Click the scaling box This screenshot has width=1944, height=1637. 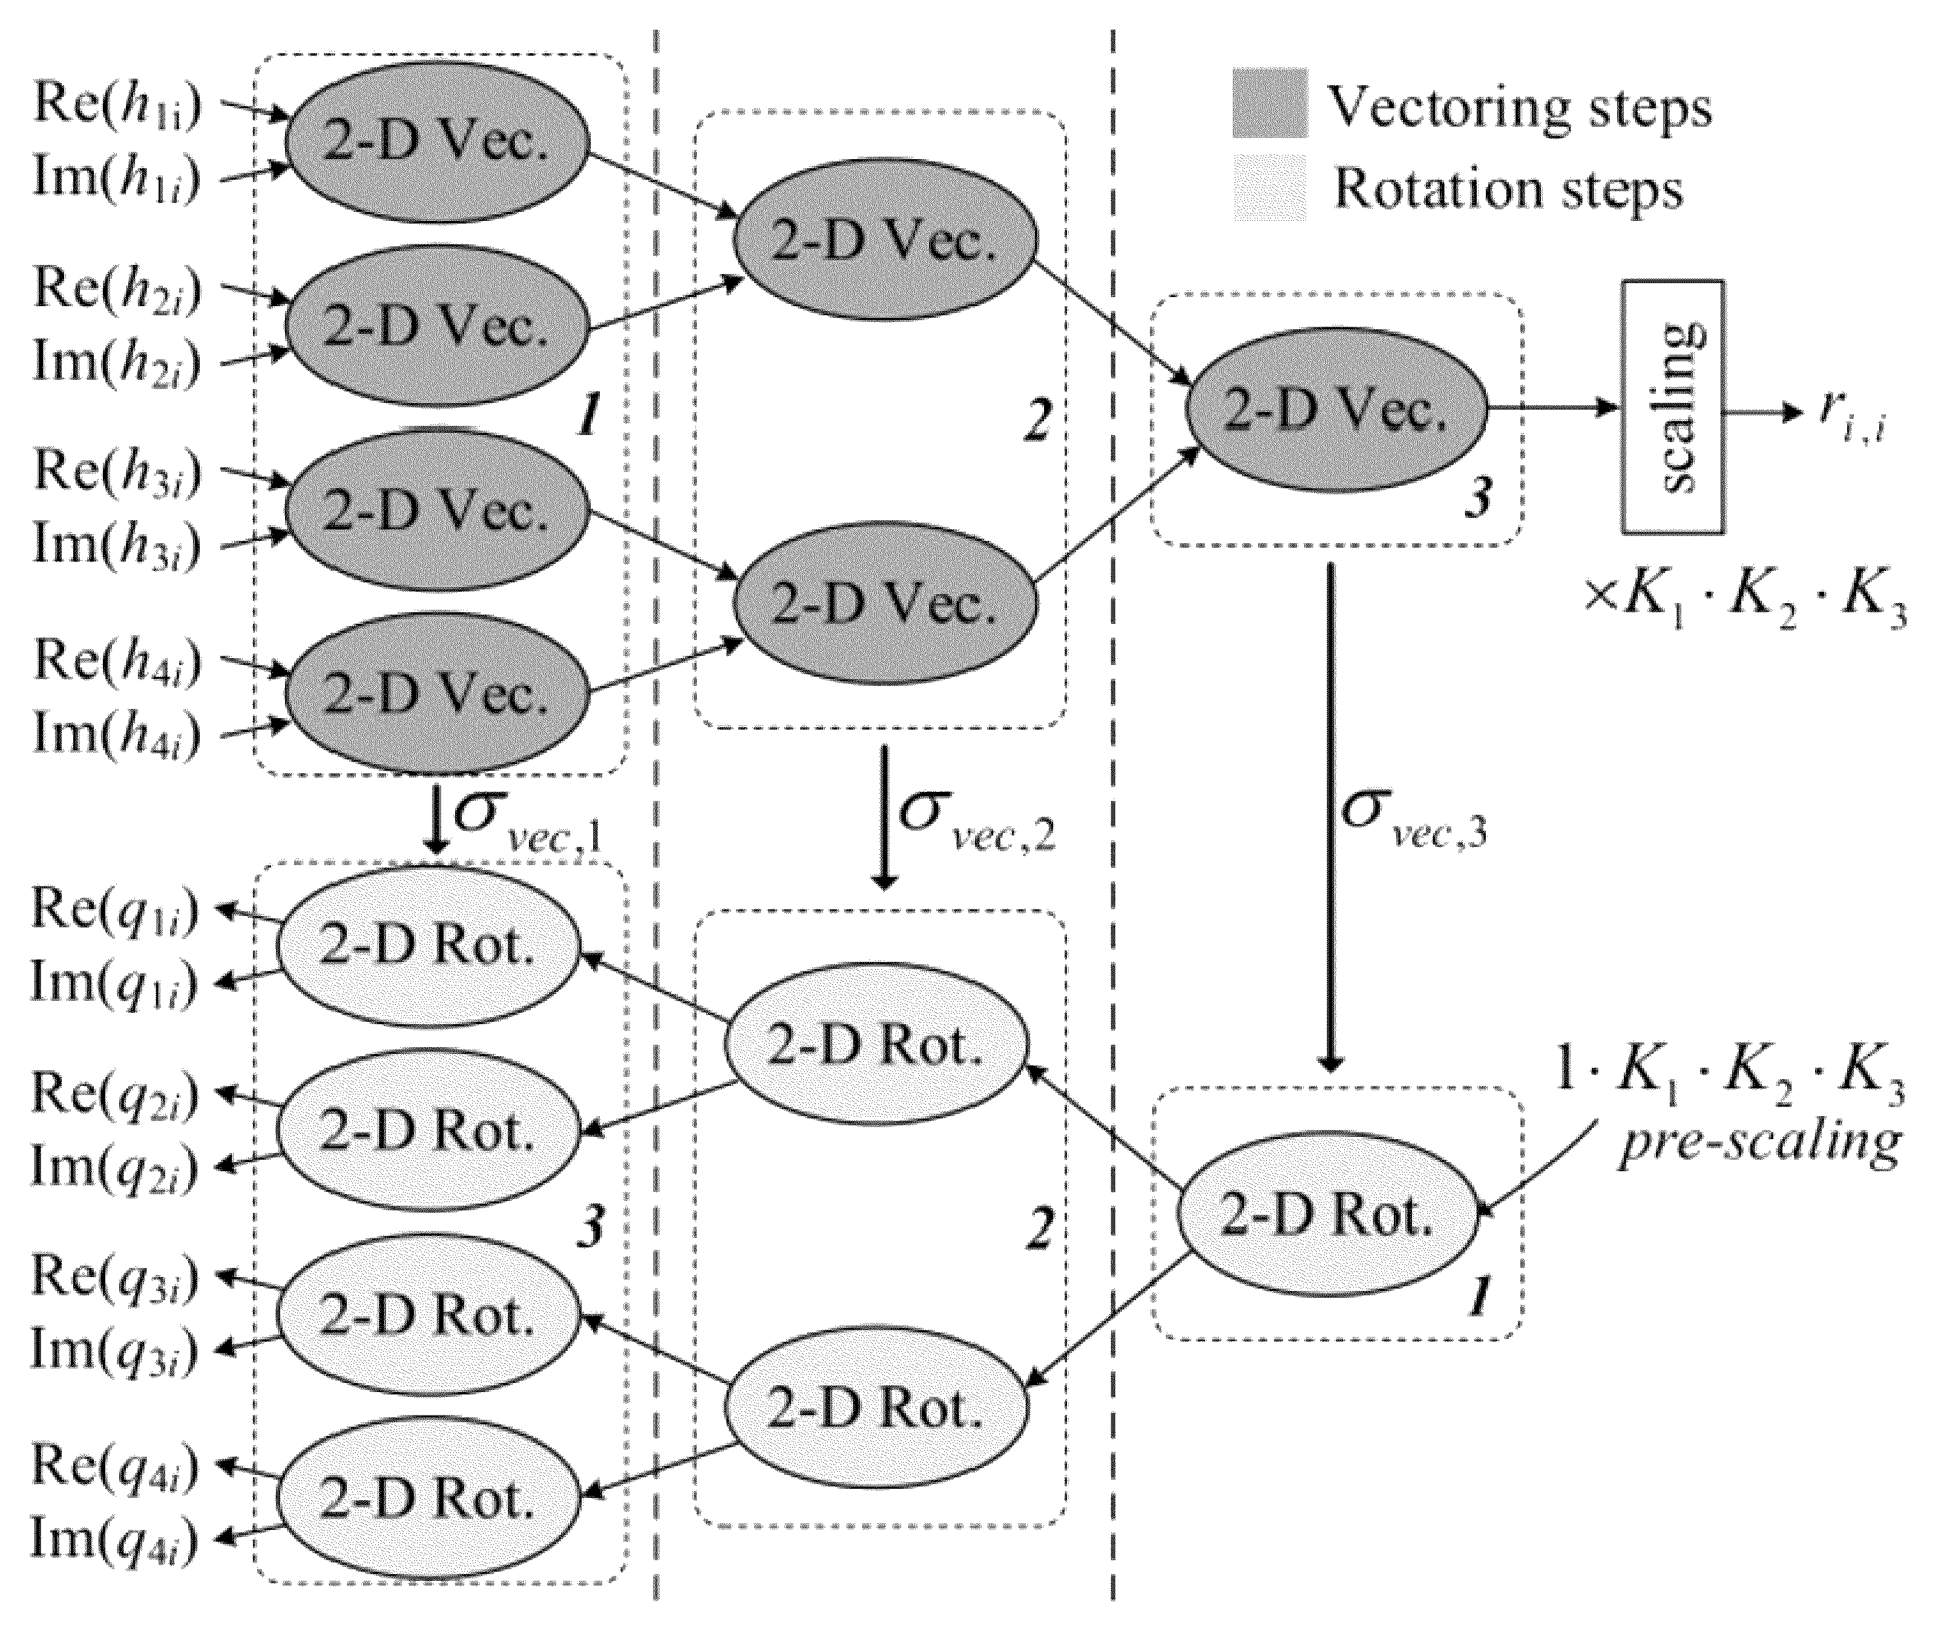(1673, 407)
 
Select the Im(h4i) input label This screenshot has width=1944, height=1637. (117, 734)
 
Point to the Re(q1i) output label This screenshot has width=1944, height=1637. (115, 909)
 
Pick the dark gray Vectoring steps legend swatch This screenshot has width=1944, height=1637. (1269, 103)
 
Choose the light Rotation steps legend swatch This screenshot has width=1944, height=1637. (1269, 188)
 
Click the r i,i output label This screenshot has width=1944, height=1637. (1852, 419)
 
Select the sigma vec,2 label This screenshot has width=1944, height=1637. (977, 820)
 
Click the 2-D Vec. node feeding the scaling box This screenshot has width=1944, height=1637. (1335, 408)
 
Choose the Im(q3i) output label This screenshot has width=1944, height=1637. (115, 1350)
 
